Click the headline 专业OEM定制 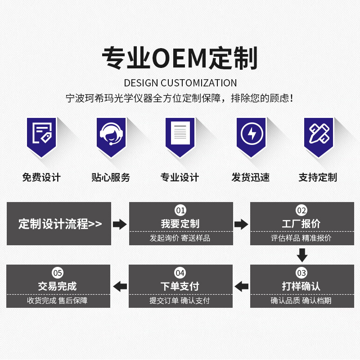coord(180,58)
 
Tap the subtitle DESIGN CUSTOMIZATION coord(180,83)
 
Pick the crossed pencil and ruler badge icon coord(319,134)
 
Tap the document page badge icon coord(180,134)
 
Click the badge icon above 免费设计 coord(41,134)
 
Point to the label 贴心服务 coord(111,177)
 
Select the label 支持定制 coord(318,177)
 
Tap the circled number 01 coord(180,210)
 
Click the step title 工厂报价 coord(301,224)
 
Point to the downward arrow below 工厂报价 coord(302,256)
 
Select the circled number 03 coord(301,273)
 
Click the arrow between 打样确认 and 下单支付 coord(242,286)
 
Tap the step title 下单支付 coord(180,286)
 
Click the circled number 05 coord(58,273)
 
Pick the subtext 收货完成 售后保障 coord(58,301)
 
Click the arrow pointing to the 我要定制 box coord(120,224)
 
